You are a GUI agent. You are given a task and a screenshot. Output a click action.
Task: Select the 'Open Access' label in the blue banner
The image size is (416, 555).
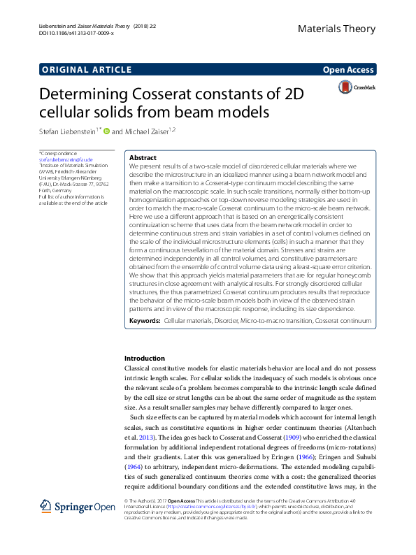pos(348,69)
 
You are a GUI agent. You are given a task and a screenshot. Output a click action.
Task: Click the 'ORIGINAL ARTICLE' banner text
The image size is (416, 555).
pos(87,69)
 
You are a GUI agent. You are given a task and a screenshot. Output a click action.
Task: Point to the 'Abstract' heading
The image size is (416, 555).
pos(143,158)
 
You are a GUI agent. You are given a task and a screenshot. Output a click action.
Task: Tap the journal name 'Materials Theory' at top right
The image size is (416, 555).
pos(336,29)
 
